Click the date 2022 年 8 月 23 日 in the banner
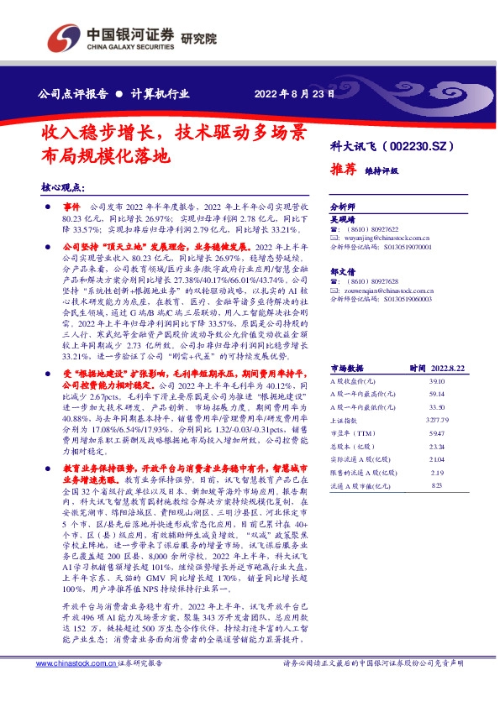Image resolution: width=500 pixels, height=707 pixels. point(291,92)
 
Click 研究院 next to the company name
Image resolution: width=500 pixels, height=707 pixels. point(199,37)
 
